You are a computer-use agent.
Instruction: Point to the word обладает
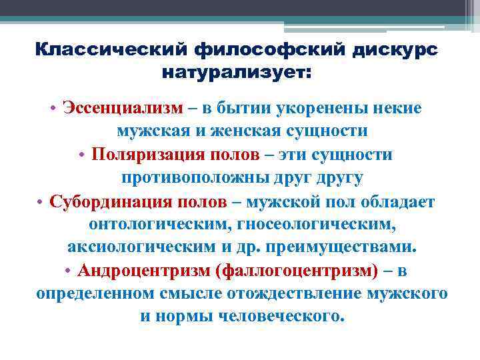tap(399, 202)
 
